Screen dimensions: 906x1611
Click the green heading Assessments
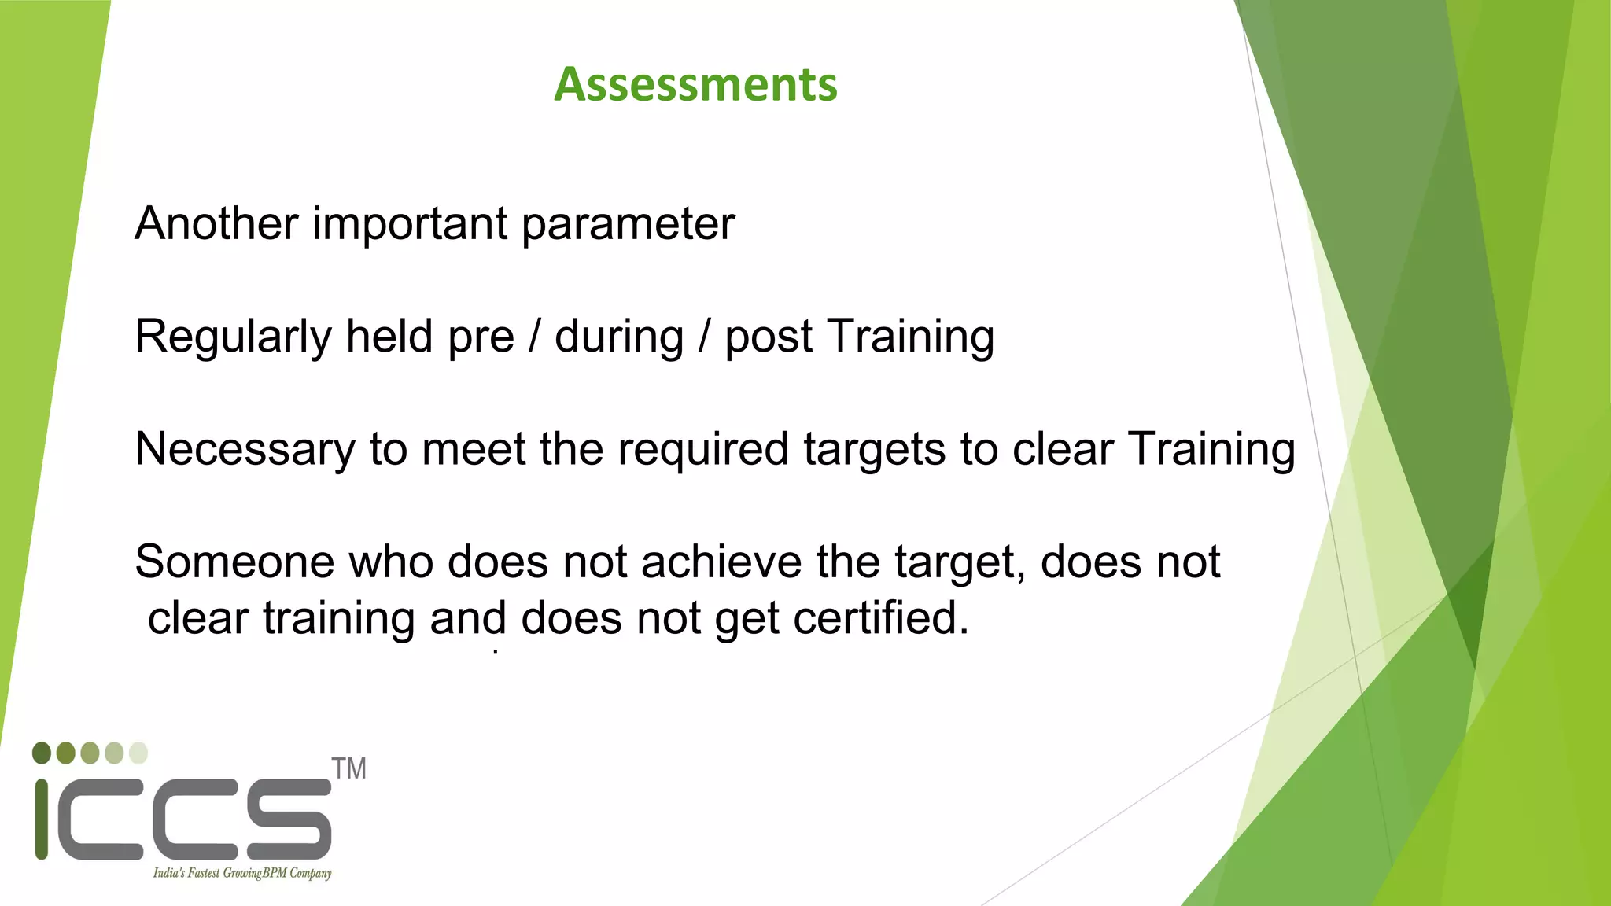(695, 84)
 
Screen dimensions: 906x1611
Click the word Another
(216, 223)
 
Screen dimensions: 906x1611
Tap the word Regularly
(233, 337)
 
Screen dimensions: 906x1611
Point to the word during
(619, 337)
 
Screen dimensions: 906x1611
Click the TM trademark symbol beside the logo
(348, 768)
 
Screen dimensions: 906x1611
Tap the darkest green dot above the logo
(42, 753)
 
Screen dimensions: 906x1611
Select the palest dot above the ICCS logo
(138, 753)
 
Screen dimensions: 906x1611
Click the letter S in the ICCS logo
(289, 819)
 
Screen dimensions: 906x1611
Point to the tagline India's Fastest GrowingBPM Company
(242, 873)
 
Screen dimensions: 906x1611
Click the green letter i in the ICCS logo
(42, 819)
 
